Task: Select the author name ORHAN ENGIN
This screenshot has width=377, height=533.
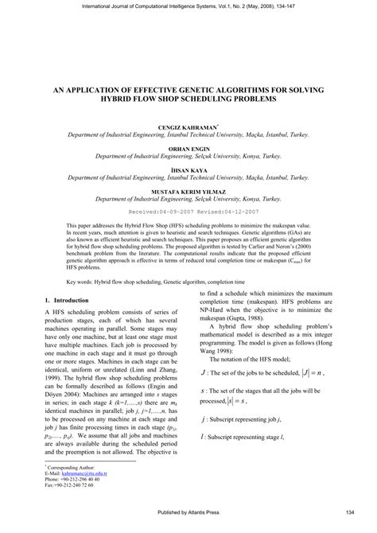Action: tap(188, 149)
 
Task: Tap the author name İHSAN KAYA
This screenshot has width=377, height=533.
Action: tap(188, 171)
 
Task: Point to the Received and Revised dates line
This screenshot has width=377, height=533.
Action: tap(188, 213)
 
